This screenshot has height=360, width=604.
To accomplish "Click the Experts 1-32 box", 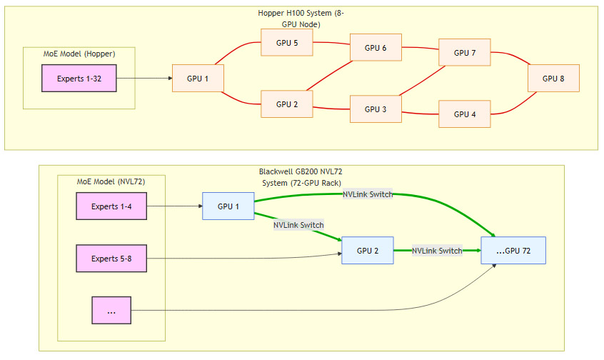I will pyautogui.click(x=79, y=78).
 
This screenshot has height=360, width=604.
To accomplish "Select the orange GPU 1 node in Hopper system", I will pyautogui.click(x=198, y=78).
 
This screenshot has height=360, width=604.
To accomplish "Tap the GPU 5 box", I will pyautogui.click(x=287, y=43).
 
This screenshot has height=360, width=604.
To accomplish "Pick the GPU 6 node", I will pyautogui.click(x=376, y=48).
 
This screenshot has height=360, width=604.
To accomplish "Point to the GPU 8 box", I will pyautogui.click(x=553, y=78).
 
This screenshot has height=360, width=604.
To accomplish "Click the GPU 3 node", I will pyautogui.click(x=376, y=109).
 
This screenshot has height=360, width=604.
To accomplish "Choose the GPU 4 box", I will pyautogui.click(x=465, y=114).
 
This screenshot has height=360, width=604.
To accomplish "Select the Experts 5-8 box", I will pyautogui.click(x=111, y=258).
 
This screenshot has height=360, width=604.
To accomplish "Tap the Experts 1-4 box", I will pyautogui.click(x=111, y=206).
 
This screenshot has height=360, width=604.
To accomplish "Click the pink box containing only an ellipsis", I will pyautogui.click(x=111, y=311).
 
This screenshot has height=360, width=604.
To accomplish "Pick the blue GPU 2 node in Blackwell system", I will pyautogui.click(x=367, y=251).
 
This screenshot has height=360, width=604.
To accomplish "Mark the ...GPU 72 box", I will pyautogui.click(x=513, y=251).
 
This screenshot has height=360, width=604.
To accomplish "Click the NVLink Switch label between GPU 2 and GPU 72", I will pyautogui.click(x=437, y=251).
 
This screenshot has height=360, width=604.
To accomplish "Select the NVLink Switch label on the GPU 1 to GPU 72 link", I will pyautogui.click(x=368, y=194).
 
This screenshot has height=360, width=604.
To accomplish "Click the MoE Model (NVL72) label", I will pyautogui.click(x=111, y=181).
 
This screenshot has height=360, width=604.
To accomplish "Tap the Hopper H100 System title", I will pyautogui.click(x=301, y=19).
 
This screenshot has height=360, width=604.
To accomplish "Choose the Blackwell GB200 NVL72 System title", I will pyautogui.click(x=301, y=177).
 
